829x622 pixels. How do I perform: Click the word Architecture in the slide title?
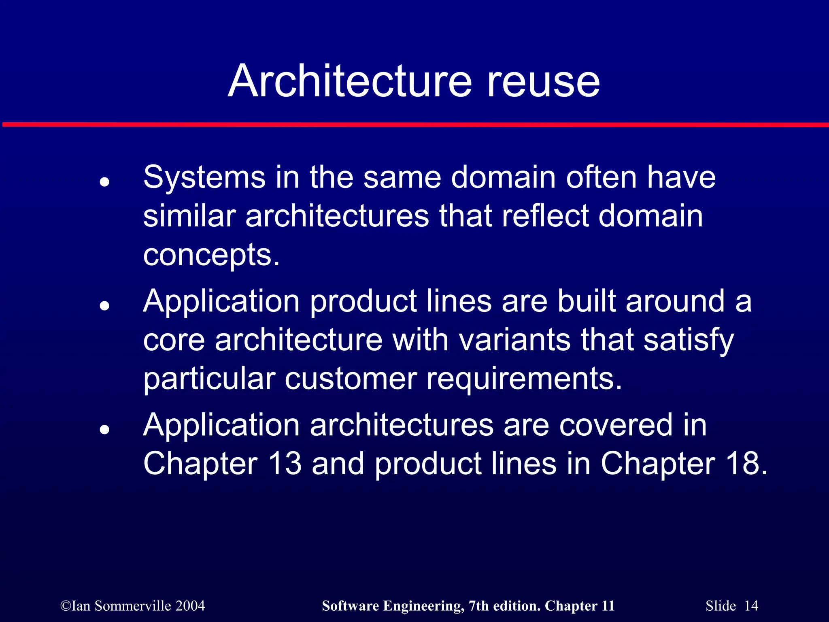(x=350, y=81)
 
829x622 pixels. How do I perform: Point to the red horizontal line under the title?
(x=414, y=124)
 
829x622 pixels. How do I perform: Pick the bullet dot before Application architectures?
(x=105, y=429)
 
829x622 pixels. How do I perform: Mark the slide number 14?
(x=751, y=606)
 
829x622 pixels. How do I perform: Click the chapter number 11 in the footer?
(x=608, y=606)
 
